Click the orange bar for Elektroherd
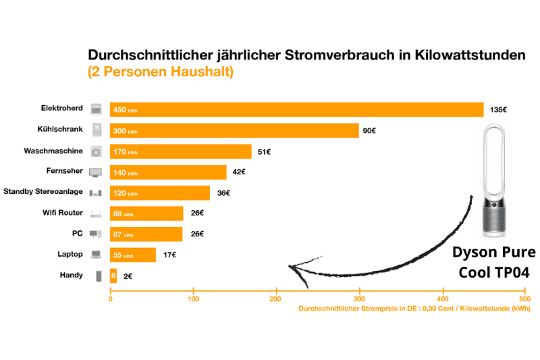coord(297,109)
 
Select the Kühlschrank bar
coord(234,130)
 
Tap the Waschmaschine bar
coord(181,151)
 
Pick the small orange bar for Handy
coord(113,276)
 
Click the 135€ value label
coord(499,109)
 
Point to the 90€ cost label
coord(369,130)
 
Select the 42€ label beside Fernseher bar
coord(239,172)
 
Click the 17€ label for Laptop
coord(169,255)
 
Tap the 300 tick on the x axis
coord(359,298)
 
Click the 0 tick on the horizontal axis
coord(111,298)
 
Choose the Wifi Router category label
coord(62,213)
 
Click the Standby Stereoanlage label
coord(43,192)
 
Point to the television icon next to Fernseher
coord(96,172)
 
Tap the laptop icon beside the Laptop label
coord(96,255)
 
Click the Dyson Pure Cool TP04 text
coord(493,262)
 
